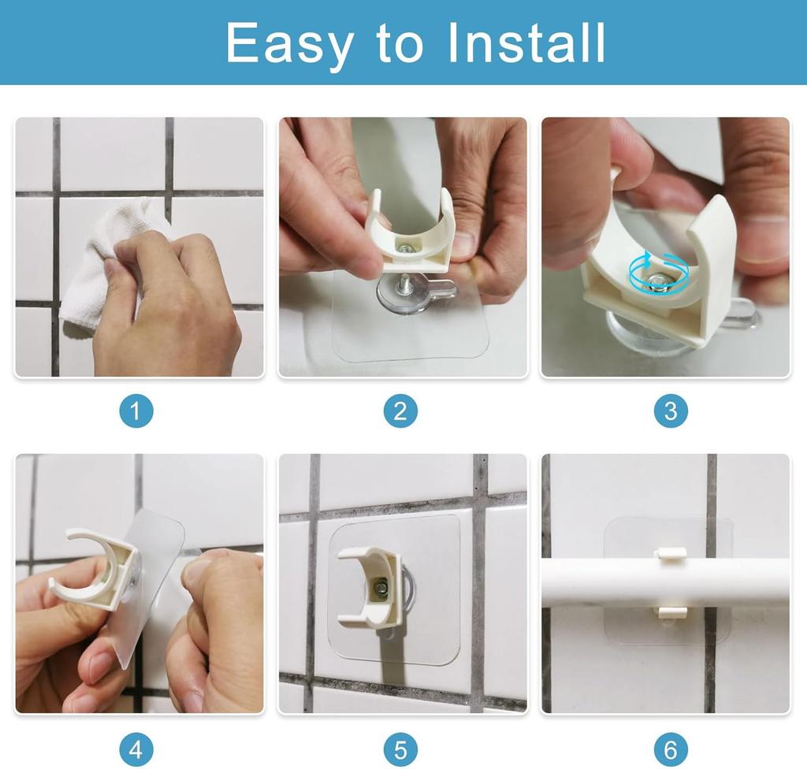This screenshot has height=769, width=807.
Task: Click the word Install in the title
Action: (526, 43)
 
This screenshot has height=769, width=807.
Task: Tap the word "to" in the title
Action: (400, 44)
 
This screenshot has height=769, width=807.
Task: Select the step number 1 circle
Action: (136, 411)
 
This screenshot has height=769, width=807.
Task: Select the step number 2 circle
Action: (400, 411)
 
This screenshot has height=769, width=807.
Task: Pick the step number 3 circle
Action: (671, 411)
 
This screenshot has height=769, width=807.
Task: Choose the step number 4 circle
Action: (136, 749)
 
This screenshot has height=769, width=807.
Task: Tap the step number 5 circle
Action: (400, 749)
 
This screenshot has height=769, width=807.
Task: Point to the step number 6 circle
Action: (671, 749)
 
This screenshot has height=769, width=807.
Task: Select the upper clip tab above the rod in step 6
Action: (671, 554)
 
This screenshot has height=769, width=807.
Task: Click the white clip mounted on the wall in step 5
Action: (370, 587)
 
